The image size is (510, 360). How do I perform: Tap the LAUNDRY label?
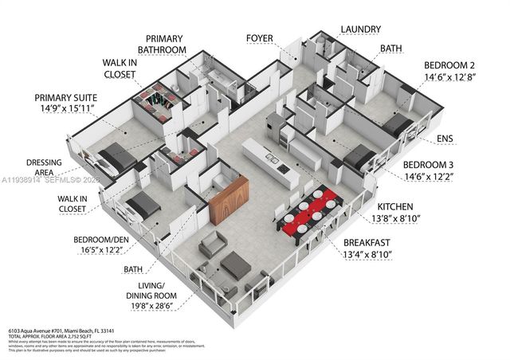coord(360,29)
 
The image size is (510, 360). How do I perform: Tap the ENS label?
coord(445,139)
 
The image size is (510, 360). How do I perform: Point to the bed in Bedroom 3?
coord(360,157)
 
